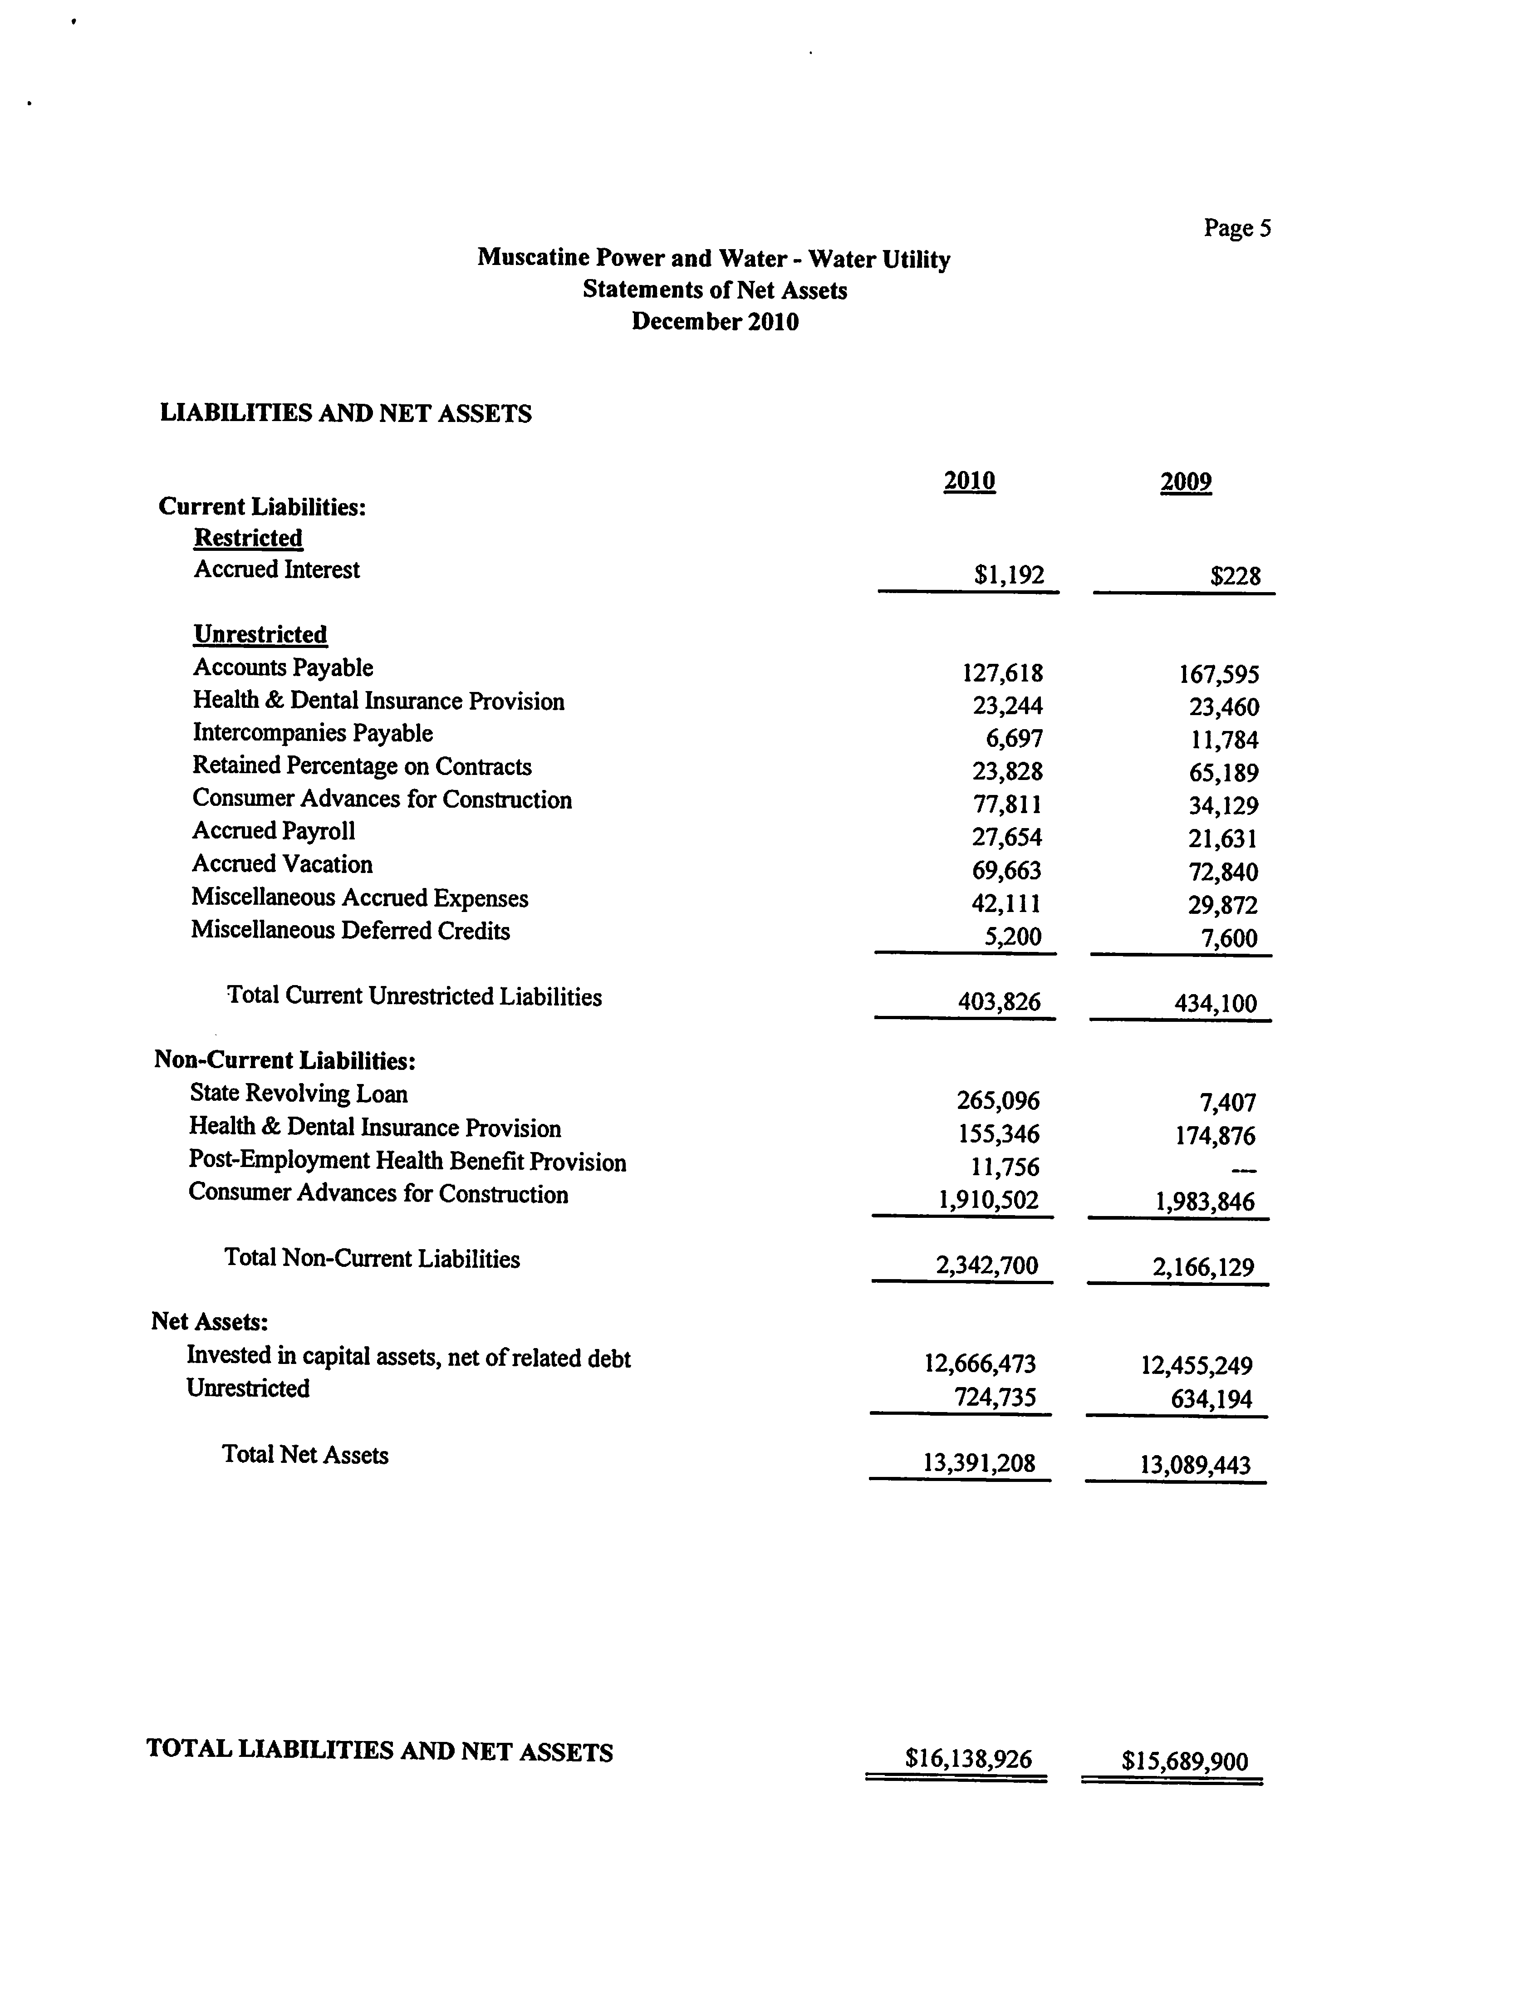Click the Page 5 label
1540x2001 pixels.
[x=1237, y=228]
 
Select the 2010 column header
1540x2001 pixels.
[x=969, y=481]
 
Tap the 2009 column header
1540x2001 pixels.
[x=1186, y=482]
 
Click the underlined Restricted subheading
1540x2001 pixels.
[x=248, y=538]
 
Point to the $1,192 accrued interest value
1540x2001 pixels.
[x=1009, y=575]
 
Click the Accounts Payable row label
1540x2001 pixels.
[x=283, y=668]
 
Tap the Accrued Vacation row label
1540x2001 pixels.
[x=282, y=864]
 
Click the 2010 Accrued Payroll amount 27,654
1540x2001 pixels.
[x=1007, y=838]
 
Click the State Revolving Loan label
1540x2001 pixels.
[x=299, y=1093]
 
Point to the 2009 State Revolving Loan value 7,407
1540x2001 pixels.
[x=1228, y=1102]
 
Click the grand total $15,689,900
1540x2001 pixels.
[x=1185, y=1761]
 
